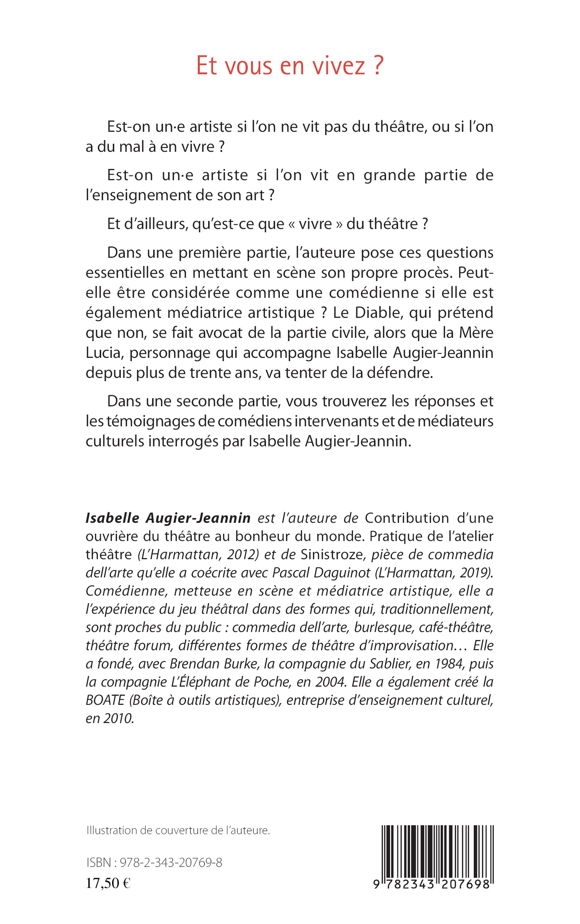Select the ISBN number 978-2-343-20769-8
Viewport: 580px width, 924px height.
point(171,863)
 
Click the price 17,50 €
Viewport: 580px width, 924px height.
point(108,883)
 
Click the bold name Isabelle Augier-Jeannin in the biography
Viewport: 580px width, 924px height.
point(168,518)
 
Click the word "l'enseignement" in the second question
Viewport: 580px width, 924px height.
point(137,195)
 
